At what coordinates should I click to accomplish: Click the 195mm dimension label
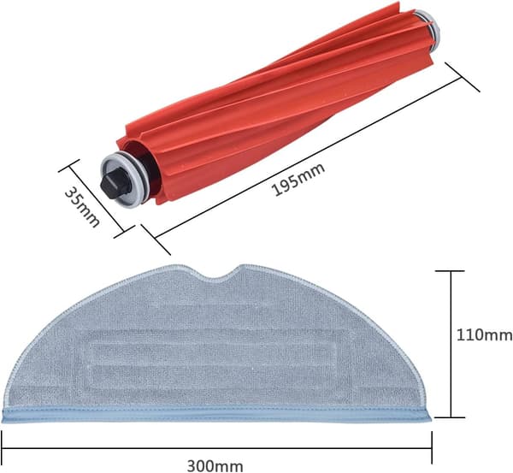(x=299, y=179)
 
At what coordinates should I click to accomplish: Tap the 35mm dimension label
(x=82, y=207)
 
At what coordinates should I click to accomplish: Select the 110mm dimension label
(x=484, y=335)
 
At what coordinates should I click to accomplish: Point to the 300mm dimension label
(x=215, y=465)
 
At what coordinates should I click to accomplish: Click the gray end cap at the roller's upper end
(x=427, y=25)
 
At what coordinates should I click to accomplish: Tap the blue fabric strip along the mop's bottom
(x=216, y=414)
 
